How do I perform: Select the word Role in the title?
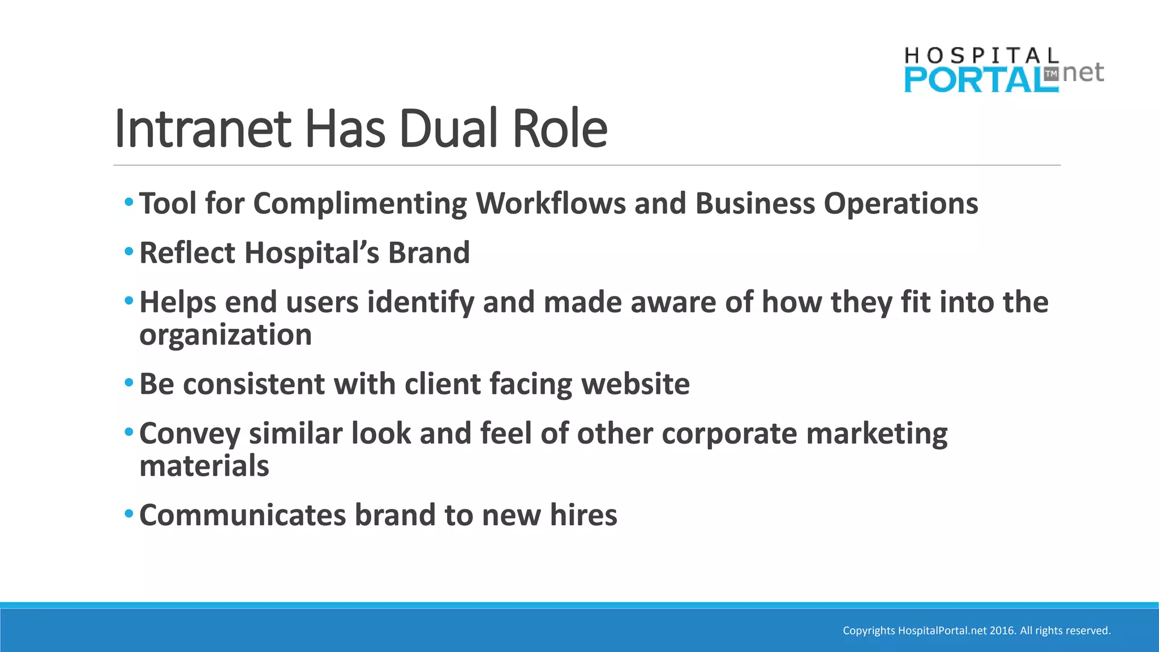click(560, 129)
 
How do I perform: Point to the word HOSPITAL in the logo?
click(981, 55)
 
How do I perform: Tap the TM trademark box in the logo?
click(1051, 74)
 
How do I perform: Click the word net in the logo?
click(1083, 73)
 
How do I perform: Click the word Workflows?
click(551, 203)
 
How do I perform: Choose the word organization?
click(225, 335)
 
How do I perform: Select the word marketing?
click(877, 434)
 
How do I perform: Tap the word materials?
click(204, 466)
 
